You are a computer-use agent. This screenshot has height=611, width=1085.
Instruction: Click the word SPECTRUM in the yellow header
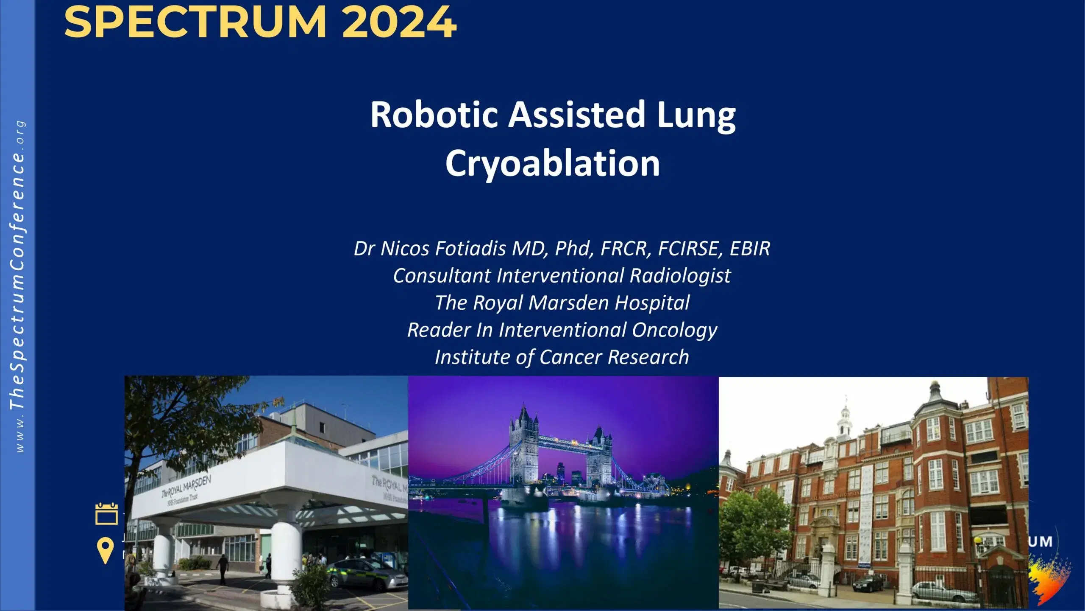click(x=195, y=22)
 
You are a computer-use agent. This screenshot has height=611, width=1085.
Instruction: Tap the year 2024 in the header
click(x=399, y=22)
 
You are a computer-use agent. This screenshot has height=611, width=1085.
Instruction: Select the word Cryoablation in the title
click(x=552, y=164)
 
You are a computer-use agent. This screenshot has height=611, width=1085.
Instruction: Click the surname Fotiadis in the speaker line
click(x=471, y=249)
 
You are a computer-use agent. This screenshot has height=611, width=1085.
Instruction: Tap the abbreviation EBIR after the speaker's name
click(x=749, y=249)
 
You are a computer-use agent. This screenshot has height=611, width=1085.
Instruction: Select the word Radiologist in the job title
click(x=680, y=276)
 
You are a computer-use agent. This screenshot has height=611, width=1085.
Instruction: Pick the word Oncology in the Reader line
click(x=674, y=330)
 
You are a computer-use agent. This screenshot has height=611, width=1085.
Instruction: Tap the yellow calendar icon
click(x=106, y=514)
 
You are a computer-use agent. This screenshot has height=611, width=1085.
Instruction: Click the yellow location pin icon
click(x=105, y=550)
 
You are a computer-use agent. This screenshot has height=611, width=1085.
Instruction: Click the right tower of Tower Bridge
click(x=599, y=458)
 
